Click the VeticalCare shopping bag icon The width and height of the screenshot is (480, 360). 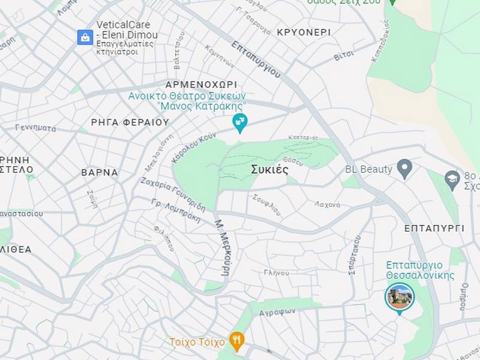[85, 37]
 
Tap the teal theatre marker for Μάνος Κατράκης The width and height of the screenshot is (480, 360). [239, 122]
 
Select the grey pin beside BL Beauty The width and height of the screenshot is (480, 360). [405, 169]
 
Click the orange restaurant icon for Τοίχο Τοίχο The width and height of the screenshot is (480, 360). [237, 341]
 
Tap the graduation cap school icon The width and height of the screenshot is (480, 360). [452, 178]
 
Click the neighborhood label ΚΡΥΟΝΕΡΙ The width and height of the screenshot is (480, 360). [304, 32]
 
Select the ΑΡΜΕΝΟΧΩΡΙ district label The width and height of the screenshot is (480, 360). [201, 85]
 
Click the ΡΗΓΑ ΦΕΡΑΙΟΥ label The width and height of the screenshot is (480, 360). [130, 122]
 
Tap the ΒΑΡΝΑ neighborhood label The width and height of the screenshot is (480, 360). [100, 172]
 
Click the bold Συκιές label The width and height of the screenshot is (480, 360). [269, 170]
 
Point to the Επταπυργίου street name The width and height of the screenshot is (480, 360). [256, 58]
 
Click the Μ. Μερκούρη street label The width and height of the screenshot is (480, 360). [222, 247]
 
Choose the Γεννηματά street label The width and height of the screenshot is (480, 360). [35, 128]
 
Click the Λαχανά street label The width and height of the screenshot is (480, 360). [327, 205]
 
